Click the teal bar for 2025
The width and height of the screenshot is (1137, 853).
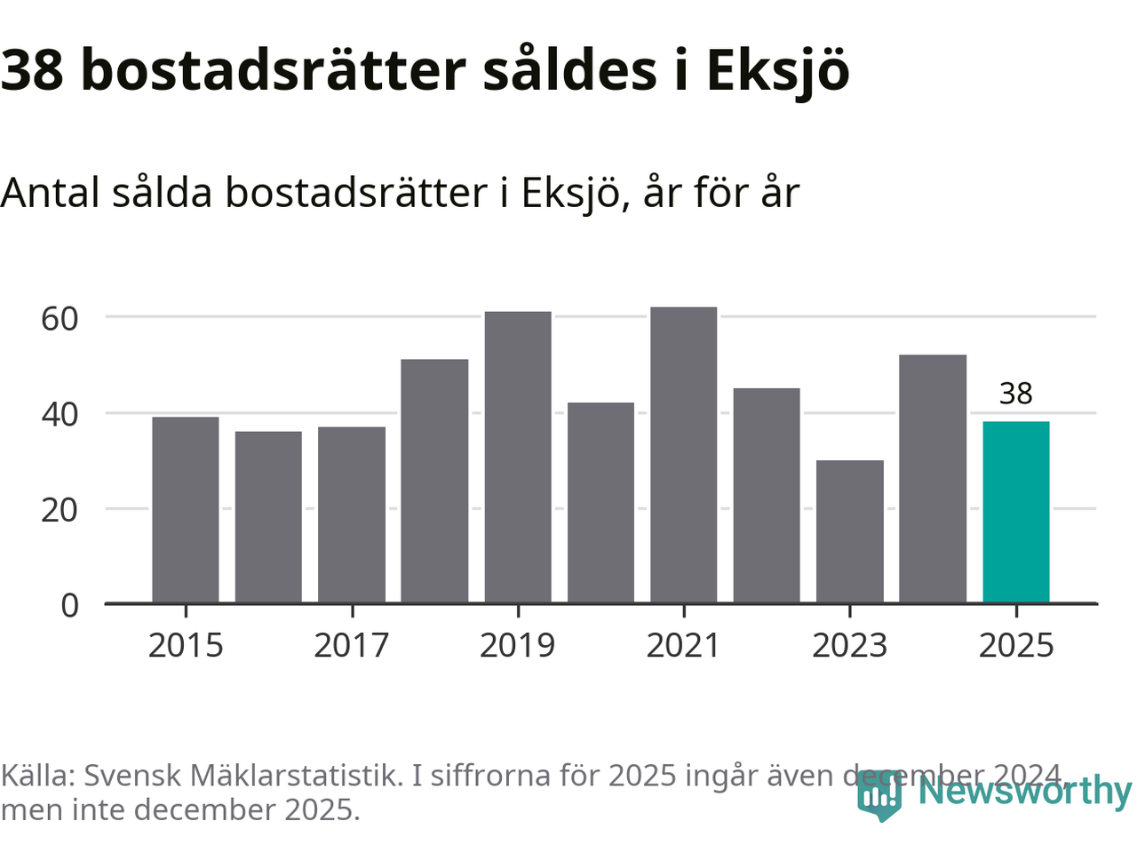click(x=1015, y=513)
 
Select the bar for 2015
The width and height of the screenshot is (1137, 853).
click(x=186, y=510)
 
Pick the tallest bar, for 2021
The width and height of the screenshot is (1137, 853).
click(x=683, y=455)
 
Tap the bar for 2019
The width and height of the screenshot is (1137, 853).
click(x=518, y=458)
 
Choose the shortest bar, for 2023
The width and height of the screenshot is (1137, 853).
click(x=850, y=532)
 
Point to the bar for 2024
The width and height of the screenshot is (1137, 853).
click(x=933, y=479)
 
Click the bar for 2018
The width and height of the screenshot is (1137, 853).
click(x=434, y=482)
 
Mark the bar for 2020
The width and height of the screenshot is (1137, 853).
click(x=600, y=503)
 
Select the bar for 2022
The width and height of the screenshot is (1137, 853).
click(x=767, y=496)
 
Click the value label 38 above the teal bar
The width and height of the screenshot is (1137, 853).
click(x=1015, y=393)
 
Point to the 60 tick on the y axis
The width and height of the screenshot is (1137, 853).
click(x=60, y=318)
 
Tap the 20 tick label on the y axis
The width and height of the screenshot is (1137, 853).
click(x=60, y=510)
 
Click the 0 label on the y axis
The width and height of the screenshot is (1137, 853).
click(x=69, y=606)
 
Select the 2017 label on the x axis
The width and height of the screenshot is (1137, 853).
click(x=352, y=646)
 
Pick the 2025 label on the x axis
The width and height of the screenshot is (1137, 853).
click(x=1015, y=646)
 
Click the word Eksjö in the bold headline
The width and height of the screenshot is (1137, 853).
click(x=777, y=71)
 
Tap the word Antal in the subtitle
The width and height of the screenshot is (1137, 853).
click(x=50, y=193)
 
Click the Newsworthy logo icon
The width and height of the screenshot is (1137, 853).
click(x=879, y=795)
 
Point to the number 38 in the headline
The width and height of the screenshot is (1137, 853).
click(x=33, y=71)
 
